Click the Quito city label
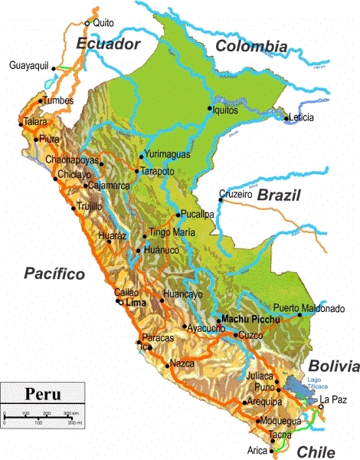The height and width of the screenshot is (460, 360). [x=102, y=23]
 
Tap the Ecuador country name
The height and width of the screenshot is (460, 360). [x=108, y=44]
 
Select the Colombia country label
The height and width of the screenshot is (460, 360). [x=250, y=46]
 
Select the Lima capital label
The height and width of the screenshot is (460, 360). [x=135, y=304]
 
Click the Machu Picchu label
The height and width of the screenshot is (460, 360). [x=246, y=318]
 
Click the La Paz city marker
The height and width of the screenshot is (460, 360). [x=321, y=407]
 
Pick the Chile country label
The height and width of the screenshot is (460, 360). [x=316, y=451]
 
